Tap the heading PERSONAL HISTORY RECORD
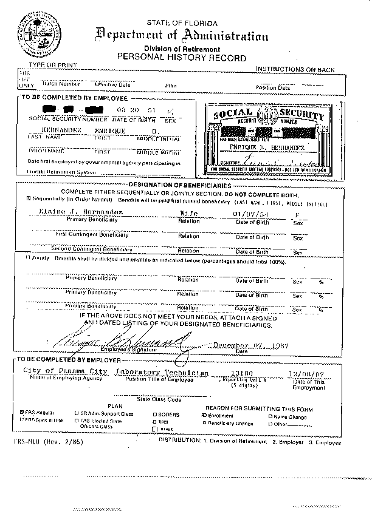[182, 58]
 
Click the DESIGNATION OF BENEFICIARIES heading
[181, 185]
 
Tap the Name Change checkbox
[271, 416]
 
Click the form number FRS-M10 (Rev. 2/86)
[45, 441]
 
